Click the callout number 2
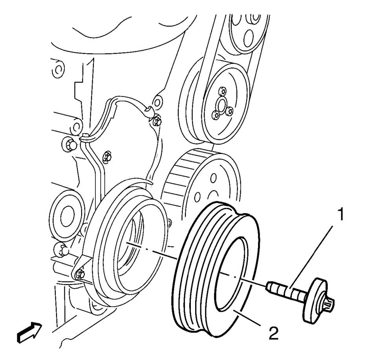tap(273, 333)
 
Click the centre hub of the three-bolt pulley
tap(221, 105)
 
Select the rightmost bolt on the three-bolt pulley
tap(230, 111)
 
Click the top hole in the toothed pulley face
tap(213, 178)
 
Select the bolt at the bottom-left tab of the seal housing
tap(80, 274)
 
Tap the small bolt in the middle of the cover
tap(106, 157)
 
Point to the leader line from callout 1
tap(311, 257)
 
